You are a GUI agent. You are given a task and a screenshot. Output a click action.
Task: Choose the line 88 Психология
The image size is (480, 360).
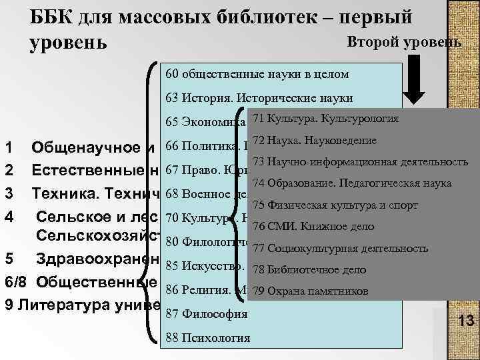(207, 337)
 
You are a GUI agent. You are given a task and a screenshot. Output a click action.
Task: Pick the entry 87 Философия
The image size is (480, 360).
(206, 313)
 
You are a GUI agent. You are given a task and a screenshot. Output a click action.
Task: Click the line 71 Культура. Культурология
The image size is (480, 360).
(326, 119)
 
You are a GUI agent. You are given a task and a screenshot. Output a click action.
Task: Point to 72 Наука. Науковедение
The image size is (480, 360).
(315, 140)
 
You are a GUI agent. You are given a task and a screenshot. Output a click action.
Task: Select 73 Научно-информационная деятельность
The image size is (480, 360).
(360, 161)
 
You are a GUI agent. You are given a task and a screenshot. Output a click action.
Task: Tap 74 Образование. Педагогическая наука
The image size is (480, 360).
(352, 183)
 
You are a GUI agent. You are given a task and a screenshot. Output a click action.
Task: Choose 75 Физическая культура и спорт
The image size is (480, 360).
(334, 205)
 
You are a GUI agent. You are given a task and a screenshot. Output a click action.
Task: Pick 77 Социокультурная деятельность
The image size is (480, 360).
(340, 248)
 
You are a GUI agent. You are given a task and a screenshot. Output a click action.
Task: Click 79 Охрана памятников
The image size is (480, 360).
(311, 291)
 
